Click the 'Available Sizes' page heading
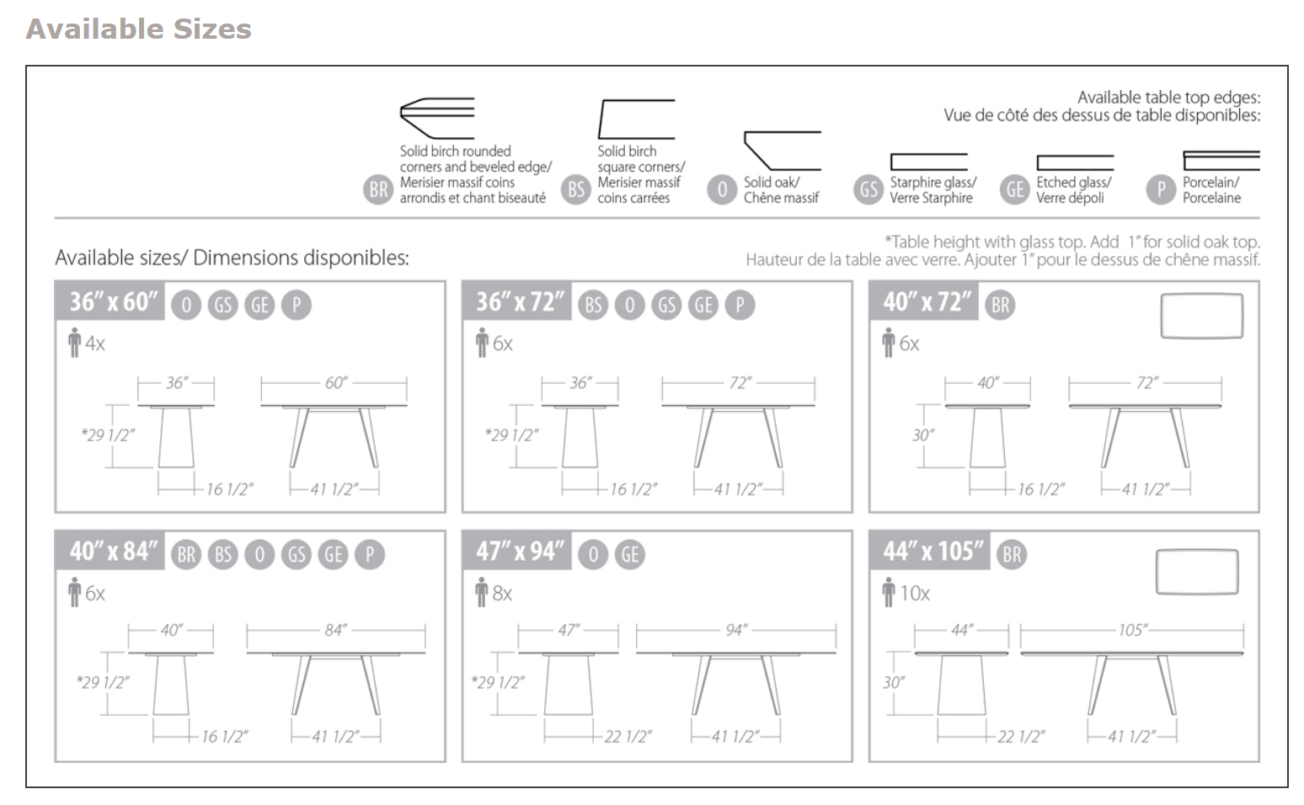point(139,29)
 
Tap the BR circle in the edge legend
point(378,189)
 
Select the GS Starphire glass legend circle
point(868,189)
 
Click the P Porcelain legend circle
point(1161,189)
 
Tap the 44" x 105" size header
point(931,551)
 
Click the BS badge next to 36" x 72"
point(593,305)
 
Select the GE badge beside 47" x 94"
point(630,554)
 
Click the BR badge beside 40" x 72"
point(1000,305)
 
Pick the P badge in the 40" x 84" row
point(370,554)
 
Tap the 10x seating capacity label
point(914,594)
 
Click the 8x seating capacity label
point(502,594)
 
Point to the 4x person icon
point(75,343)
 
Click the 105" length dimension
point(1132,630)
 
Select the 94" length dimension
point(736,630)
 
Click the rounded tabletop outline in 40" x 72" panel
point(1201,316)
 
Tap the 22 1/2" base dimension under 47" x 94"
point(627,737)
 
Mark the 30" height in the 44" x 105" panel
point(893,682)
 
